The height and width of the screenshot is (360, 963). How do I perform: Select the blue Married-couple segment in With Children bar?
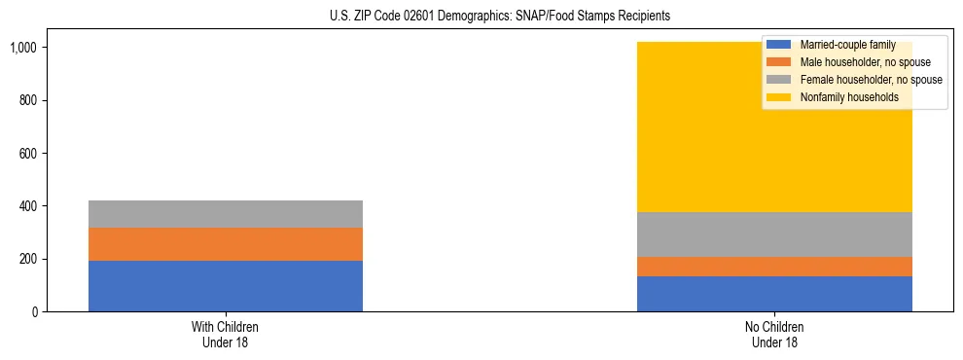pos(226,286)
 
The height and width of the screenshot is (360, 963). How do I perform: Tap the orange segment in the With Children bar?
pos(226,244)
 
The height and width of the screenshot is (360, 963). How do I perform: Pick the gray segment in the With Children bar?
pos(226,214)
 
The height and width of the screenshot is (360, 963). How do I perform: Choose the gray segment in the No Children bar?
pos(774,234)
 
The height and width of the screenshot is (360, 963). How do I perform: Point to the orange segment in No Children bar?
pos(774,267)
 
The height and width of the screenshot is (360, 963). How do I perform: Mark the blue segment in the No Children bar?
pos(774,294)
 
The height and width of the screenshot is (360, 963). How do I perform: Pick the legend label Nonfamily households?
pos(842,97)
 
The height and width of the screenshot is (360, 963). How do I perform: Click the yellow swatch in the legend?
pos(779,97)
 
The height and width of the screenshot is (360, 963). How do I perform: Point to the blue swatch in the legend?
pos(779,45)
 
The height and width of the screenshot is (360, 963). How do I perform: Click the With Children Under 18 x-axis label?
pos(226,335)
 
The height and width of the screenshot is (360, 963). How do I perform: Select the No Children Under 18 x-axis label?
pos(774,335)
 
